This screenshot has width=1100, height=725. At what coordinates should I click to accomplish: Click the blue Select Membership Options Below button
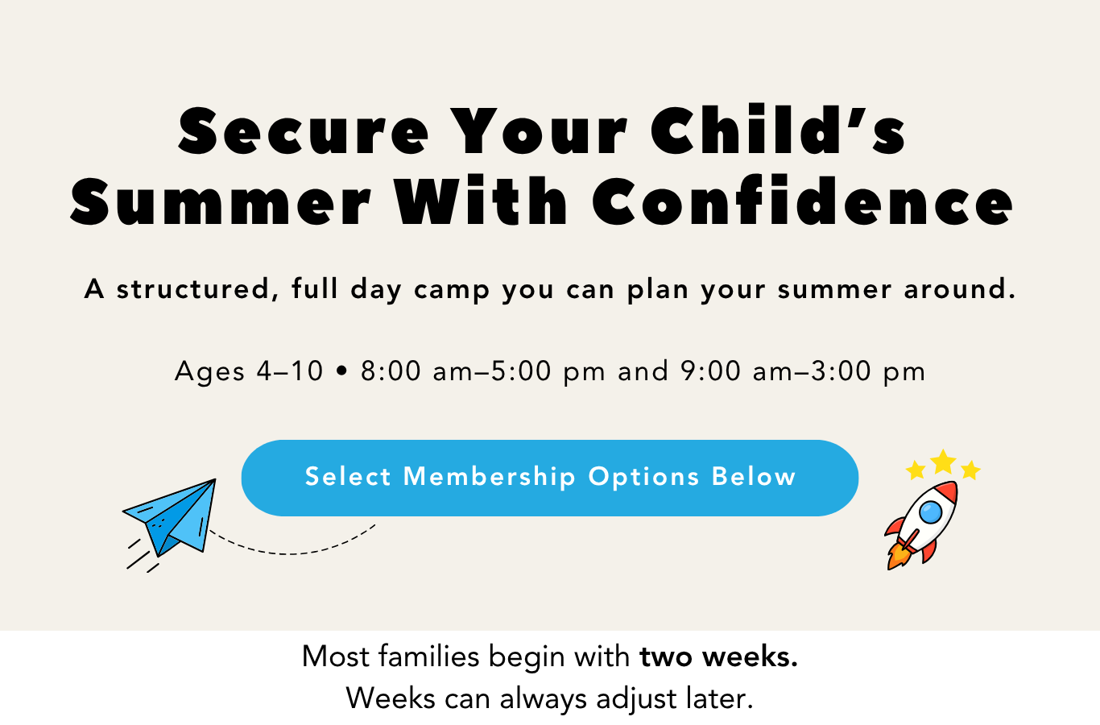pyautogui.click(x=549, y=478)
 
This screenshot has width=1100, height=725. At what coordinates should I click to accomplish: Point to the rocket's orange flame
pyautogui.click(x=898, y=556)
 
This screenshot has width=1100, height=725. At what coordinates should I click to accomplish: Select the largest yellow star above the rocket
pyautogui.click(x=943, y=462)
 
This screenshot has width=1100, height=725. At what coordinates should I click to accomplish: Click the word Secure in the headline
pyautogui.click(x=303, y=131)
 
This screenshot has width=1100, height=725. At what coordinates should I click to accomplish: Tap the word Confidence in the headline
pyautogui.click(x=802, y=201)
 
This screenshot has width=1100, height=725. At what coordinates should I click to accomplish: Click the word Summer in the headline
pyautogui.click(x=221, y=202)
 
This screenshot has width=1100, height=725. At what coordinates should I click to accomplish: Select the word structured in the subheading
pyautogui.click(x=193, y=289)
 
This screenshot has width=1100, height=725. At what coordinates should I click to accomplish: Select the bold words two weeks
pyautogui.click(x=718, y=657)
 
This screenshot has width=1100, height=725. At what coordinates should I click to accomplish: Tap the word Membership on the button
pyautogui.click(x=489, y=477)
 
